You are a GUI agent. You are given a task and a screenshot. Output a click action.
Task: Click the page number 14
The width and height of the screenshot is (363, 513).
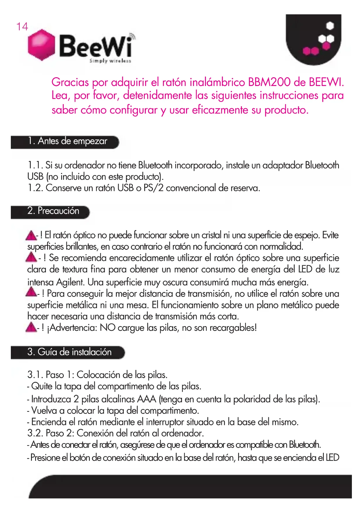tap(22, 27)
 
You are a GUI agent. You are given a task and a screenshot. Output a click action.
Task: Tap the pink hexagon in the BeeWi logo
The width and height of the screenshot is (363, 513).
tap(42, 45)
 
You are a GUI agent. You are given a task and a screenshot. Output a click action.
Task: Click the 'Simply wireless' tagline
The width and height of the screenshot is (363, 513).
tap(110, 61)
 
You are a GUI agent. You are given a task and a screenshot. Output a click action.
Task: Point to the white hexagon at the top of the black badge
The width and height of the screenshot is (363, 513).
tap(330, 26)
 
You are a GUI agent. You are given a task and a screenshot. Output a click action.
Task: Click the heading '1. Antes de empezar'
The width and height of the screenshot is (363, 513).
tap(68, 141)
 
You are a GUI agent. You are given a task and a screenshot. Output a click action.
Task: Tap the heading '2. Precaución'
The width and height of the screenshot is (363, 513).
tap(53, 211)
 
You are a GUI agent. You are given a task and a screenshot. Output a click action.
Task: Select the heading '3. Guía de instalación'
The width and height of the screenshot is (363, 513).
tap(69, 352)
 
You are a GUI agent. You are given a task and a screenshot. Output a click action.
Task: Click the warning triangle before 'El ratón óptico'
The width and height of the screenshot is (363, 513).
tap(31, 235)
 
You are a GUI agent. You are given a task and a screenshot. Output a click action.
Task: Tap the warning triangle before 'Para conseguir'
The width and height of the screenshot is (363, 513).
tap(31, 292)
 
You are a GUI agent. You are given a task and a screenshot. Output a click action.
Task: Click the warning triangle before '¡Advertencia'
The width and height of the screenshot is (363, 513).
tap(31, 327)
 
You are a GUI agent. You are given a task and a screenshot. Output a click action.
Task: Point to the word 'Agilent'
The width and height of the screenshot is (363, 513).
tap(70, 282)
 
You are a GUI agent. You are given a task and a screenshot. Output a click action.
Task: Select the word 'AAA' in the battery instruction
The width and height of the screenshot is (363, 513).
tap(147, 399)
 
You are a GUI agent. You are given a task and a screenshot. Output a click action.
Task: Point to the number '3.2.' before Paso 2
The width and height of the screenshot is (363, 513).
tap(35, 433)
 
